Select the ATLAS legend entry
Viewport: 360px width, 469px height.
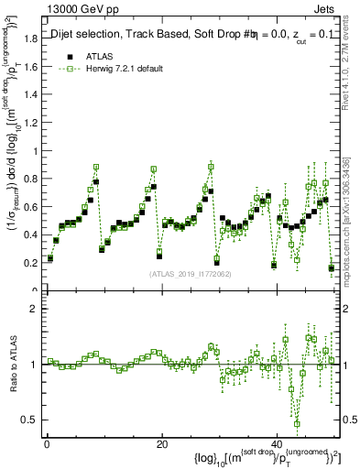coord(99,56)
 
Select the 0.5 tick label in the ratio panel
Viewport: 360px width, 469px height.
coord(30,420)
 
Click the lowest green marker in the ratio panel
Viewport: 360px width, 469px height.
coord(297,423)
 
